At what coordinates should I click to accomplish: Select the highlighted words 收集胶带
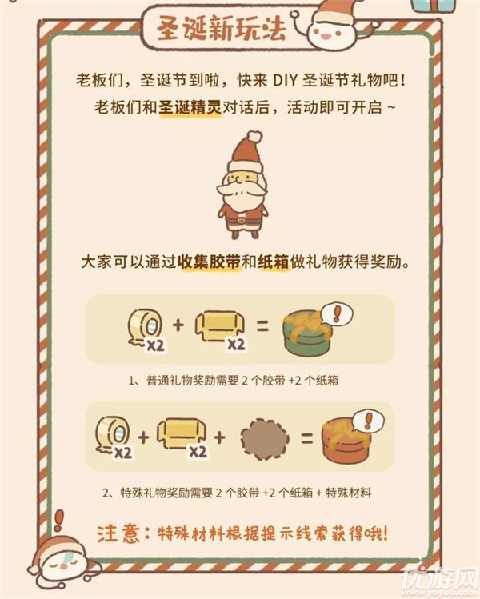point(213,262)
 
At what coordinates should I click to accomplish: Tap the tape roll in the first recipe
point(144,325)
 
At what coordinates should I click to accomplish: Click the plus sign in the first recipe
point(178,325)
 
